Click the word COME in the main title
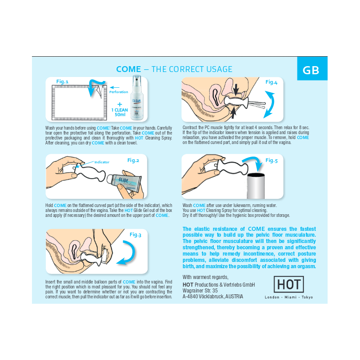tap(128, 69)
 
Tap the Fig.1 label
tap(62, 81)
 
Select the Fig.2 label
tap(133, 160)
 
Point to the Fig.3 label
tap(135, 234)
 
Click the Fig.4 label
tap(271, 82)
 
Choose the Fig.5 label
tap(271, 160)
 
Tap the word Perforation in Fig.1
tap(119, 92)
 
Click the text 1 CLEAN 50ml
tap(120, 112)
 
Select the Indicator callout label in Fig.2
tap(102, 162)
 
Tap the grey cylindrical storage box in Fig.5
tap(256, 186)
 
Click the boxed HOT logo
tap(289, 284)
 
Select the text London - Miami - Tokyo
tap(289, 297)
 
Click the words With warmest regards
tap(206, 277)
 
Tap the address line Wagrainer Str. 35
tap(200, 290)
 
